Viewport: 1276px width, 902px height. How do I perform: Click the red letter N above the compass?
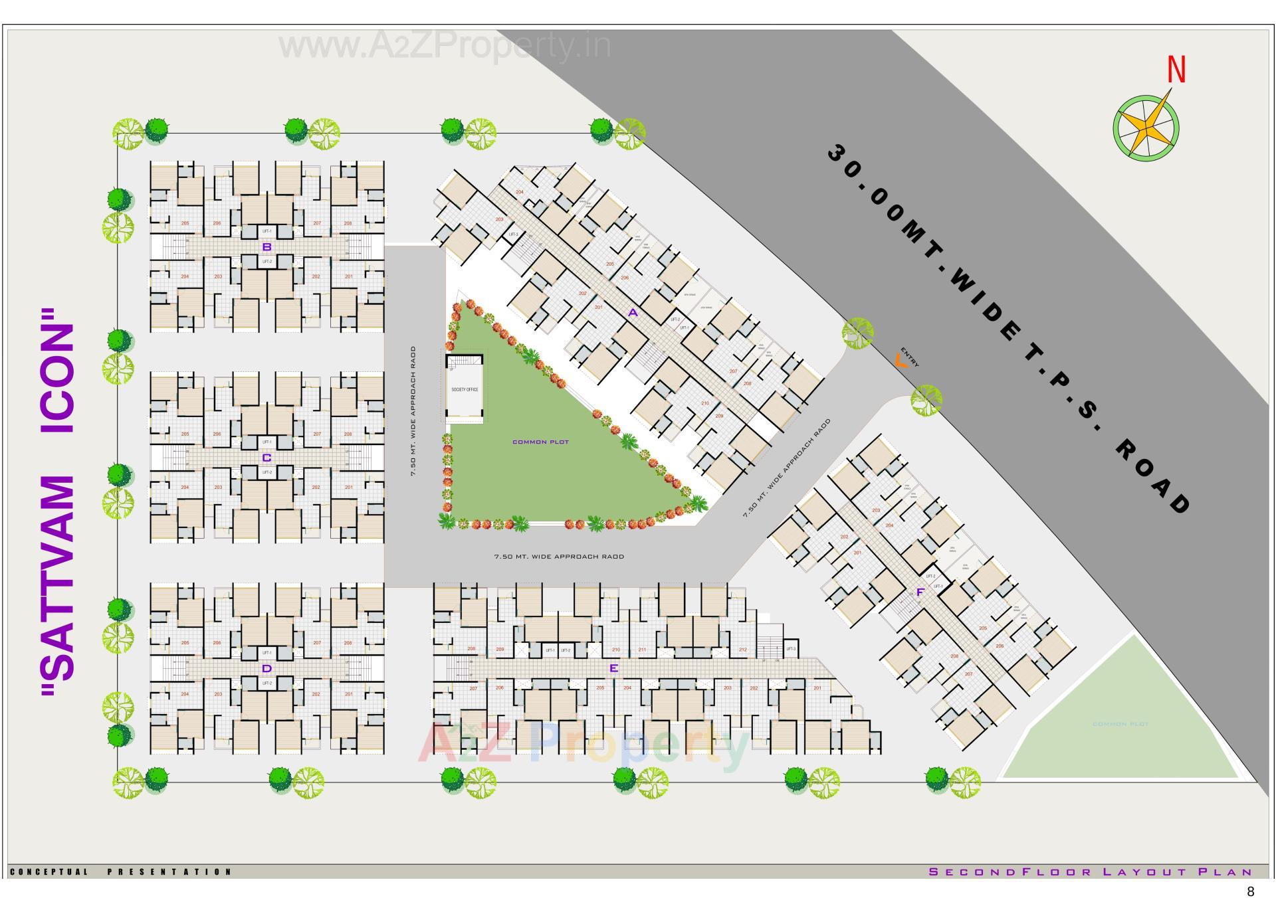1176,70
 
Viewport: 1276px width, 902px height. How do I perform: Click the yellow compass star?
1146,128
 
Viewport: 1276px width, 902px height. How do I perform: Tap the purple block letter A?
633,313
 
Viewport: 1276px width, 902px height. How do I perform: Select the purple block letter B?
266,247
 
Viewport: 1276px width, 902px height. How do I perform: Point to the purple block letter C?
266,458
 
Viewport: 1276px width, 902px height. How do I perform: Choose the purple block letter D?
266,668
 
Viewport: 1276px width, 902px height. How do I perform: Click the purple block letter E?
613,668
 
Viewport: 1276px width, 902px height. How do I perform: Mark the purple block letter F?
920,592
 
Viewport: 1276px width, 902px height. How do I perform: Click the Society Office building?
464,389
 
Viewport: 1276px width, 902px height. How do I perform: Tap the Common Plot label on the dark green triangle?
540,442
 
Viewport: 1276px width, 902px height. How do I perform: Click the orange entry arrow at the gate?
901,362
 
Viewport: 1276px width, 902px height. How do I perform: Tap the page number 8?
1251,891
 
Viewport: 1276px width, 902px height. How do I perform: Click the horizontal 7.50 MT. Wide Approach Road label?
559,557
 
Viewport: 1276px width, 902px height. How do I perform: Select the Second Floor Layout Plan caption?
1090,871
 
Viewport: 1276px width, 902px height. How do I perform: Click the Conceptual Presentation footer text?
120,871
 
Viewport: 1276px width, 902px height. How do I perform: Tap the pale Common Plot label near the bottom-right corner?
1120,724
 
